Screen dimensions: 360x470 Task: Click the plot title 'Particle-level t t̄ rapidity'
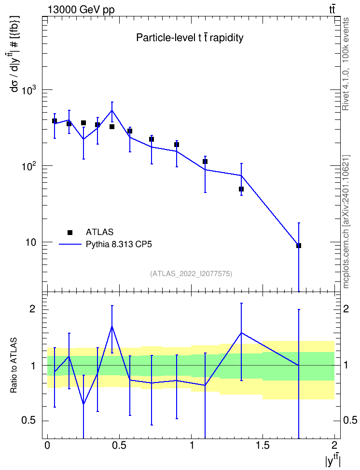coord(190,38)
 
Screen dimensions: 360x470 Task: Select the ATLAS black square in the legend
coord(70,232)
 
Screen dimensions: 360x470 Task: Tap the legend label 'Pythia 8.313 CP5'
coord(119,245)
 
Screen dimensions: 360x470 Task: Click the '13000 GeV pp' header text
coord(81,10)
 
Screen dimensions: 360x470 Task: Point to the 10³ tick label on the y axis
coord(29,89)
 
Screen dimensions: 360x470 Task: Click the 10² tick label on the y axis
coord(29,165)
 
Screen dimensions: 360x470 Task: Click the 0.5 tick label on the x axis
coord(119,445)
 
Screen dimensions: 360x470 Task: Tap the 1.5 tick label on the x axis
coord(263,445)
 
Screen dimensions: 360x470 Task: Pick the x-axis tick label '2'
coord(334,445)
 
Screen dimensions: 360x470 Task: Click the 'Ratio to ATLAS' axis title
coord(14,366)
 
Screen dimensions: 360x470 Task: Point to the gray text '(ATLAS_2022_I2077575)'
coord(191,274)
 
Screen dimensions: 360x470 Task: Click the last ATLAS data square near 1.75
coord(299,246)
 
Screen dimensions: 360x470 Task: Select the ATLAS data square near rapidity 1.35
coord(241,189)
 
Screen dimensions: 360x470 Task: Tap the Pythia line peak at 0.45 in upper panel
coord(112,110)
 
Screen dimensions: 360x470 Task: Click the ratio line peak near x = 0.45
coord(112,326)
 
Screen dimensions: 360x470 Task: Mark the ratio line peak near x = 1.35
coord(241,333)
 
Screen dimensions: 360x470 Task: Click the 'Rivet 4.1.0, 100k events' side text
coord(346,64)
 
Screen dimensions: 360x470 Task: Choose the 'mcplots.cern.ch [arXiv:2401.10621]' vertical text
coord(346,221)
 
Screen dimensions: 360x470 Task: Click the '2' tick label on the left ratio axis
coord(33,309)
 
